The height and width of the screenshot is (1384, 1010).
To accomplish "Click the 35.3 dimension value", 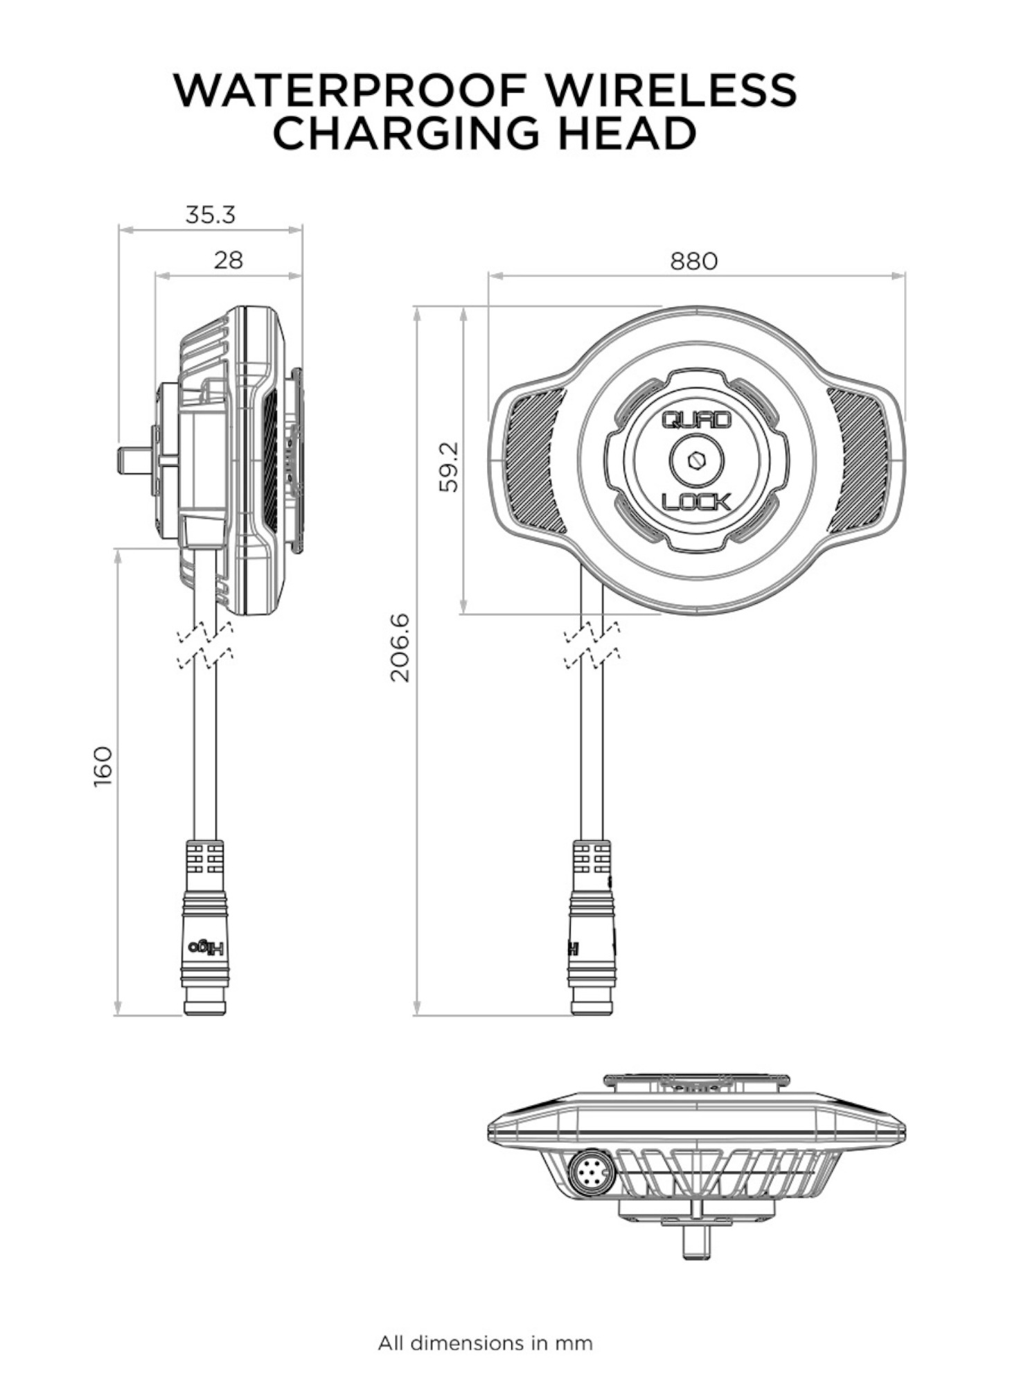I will [210, 215].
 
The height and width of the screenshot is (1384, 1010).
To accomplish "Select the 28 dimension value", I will [228, 260].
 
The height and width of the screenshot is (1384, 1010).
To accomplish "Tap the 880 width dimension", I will [693, 261].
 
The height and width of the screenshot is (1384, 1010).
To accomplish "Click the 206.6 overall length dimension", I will [400, 647].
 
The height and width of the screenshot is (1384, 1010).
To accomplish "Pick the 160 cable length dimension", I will [103, 766].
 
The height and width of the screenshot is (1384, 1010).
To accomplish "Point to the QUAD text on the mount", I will [696, 420].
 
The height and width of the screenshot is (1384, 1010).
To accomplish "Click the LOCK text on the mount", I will [696, 501].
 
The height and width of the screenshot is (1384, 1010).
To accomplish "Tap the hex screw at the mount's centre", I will [696, 459].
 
